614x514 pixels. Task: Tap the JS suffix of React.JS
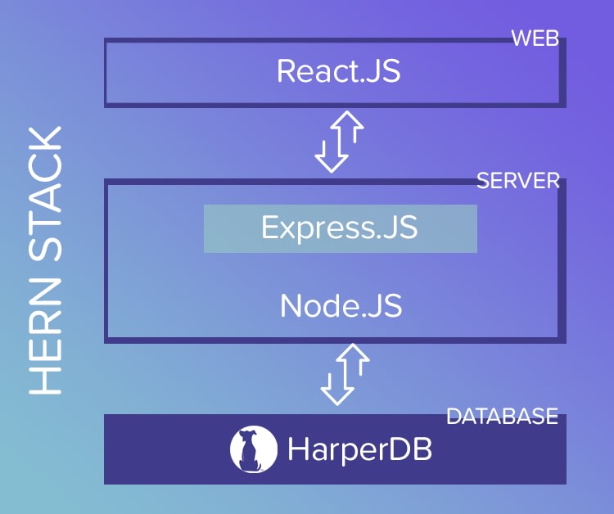coord(382,71)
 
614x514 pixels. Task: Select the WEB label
coord(535,38)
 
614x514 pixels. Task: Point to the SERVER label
coord(517,181)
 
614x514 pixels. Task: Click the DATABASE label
coord(502,417)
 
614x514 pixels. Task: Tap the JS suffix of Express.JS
coord(399,228)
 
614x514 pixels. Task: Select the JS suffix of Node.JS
coord(383,305)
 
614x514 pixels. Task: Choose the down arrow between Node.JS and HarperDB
coord(335,384)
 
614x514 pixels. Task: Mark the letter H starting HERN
coord(46,380)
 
